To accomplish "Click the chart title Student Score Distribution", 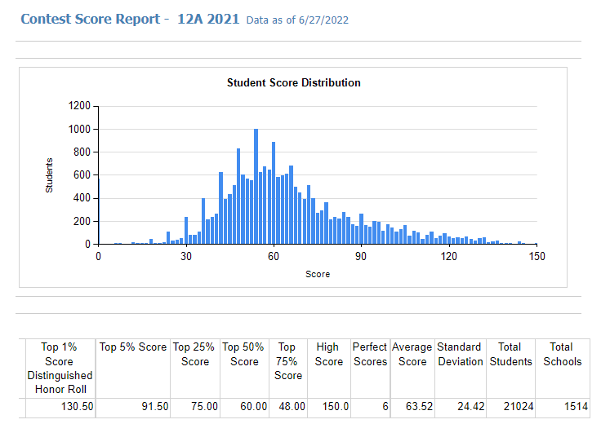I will pyautogui.click(x=293, y=82).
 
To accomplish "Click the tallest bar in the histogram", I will pyautogui.click(x=256, y=187).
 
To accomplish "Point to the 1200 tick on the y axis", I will pyautogui.click(x=79, y=105).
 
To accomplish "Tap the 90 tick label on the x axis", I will pyautogui.click(x=361, y=255).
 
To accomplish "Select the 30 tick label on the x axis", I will pyautogui.click(x=185, y=255).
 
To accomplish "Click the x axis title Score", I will pyautogui.click(x=318, y=274).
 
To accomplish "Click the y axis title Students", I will pyautogui.click(x=49, y=174).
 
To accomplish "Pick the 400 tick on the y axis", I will pyautogui.click(x=82, y=198).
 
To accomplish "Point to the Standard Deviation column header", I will pyautogui.click(x=461, y=354).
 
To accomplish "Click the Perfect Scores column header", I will pyautogui.click(x=370, y=354).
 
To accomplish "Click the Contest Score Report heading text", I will pyautogui.click(x=90, y=19).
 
